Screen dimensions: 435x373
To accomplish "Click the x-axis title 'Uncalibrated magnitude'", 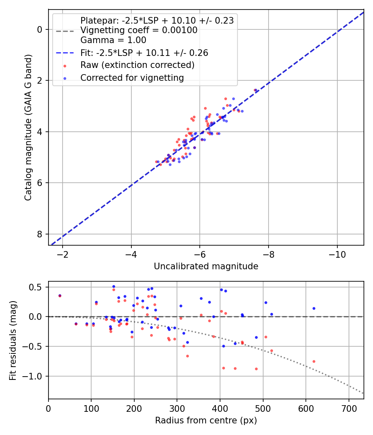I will pyautogui.click(x=206, y=266).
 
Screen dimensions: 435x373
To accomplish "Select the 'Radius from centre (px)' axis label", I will pyautogui.click(x=206, y=420).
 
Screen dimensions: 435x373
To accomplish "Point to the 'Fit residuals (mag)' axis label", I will pyautogui.click(x=13, y=340).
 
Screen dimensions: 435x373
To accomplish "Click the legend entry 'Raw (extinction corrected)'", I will pyautogui.click(x=137, y=65).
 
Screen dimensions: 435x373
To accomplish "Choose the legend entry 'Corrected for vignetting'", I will pyautogui.click(x=132, y=78).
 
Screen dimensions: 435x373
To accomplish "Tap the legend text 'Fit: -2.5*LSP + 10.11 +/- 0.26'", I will pyautogui.click(x=144, y=53).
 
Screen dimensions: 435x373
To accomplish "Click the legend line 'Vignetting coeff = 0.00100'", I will pyautogui.click(x=139, y=30).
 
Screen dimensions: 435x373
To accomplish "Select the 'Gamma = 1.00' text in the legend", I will pyautogui.click(x=113, y=41).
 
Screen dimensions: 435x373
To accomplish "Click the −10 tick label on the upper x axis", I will pyautogui.click(x=337, y=254).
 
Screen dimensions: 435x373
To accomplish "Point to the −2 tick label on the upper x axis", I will pyautogui.click(x=63, y=254).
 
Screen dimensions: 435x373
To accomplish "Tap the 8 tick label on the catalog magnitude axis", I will pyautogui.click(x=40, y=234).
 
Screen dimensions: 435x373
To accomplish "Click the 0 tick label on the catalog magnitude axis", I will pyautogui.click(x=40, y=29).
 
